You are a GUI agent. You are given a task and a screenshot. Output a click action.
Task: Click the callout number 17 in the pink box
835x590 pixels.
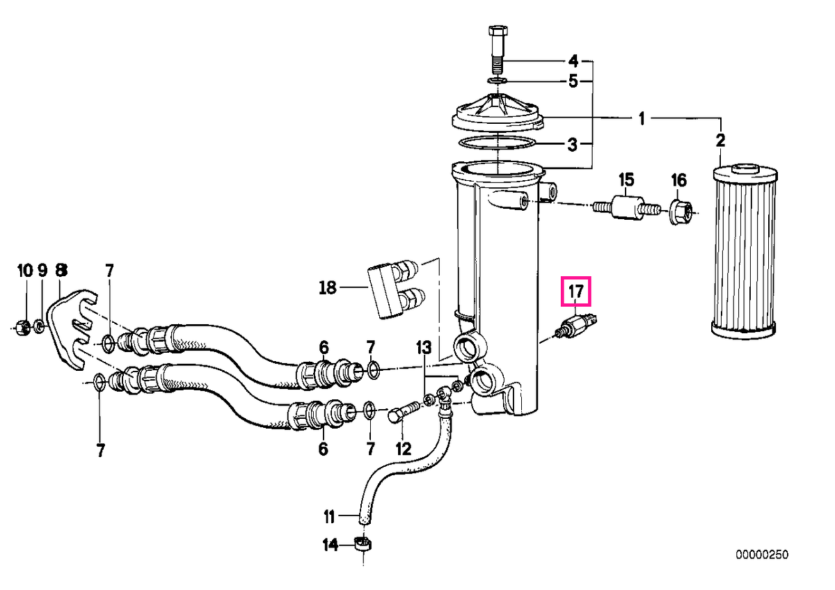click(x=575, y=291)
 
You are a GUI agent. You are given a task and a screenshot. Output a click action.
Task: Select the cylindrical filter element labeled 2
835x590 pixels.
click(x=745, y=252)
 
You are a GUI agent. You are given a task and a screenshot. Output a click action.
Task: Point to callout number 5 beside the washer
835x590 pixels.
click(x=573, y=81)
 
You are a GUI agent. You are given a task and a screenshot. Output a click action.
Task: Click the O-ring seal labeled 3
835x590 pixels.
click(x=498, y=144)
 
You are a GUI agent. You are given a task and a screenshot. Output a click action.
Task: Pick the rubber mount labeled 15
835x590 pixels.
click(x=626, y=208)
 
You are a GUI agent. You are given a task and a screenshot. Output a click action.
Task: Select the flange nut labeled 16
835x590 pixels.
click(x=681, y=212)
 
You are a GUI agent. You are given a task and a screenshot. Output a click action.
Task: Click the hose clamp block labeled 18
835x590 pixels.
click(x=395, y=292)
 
